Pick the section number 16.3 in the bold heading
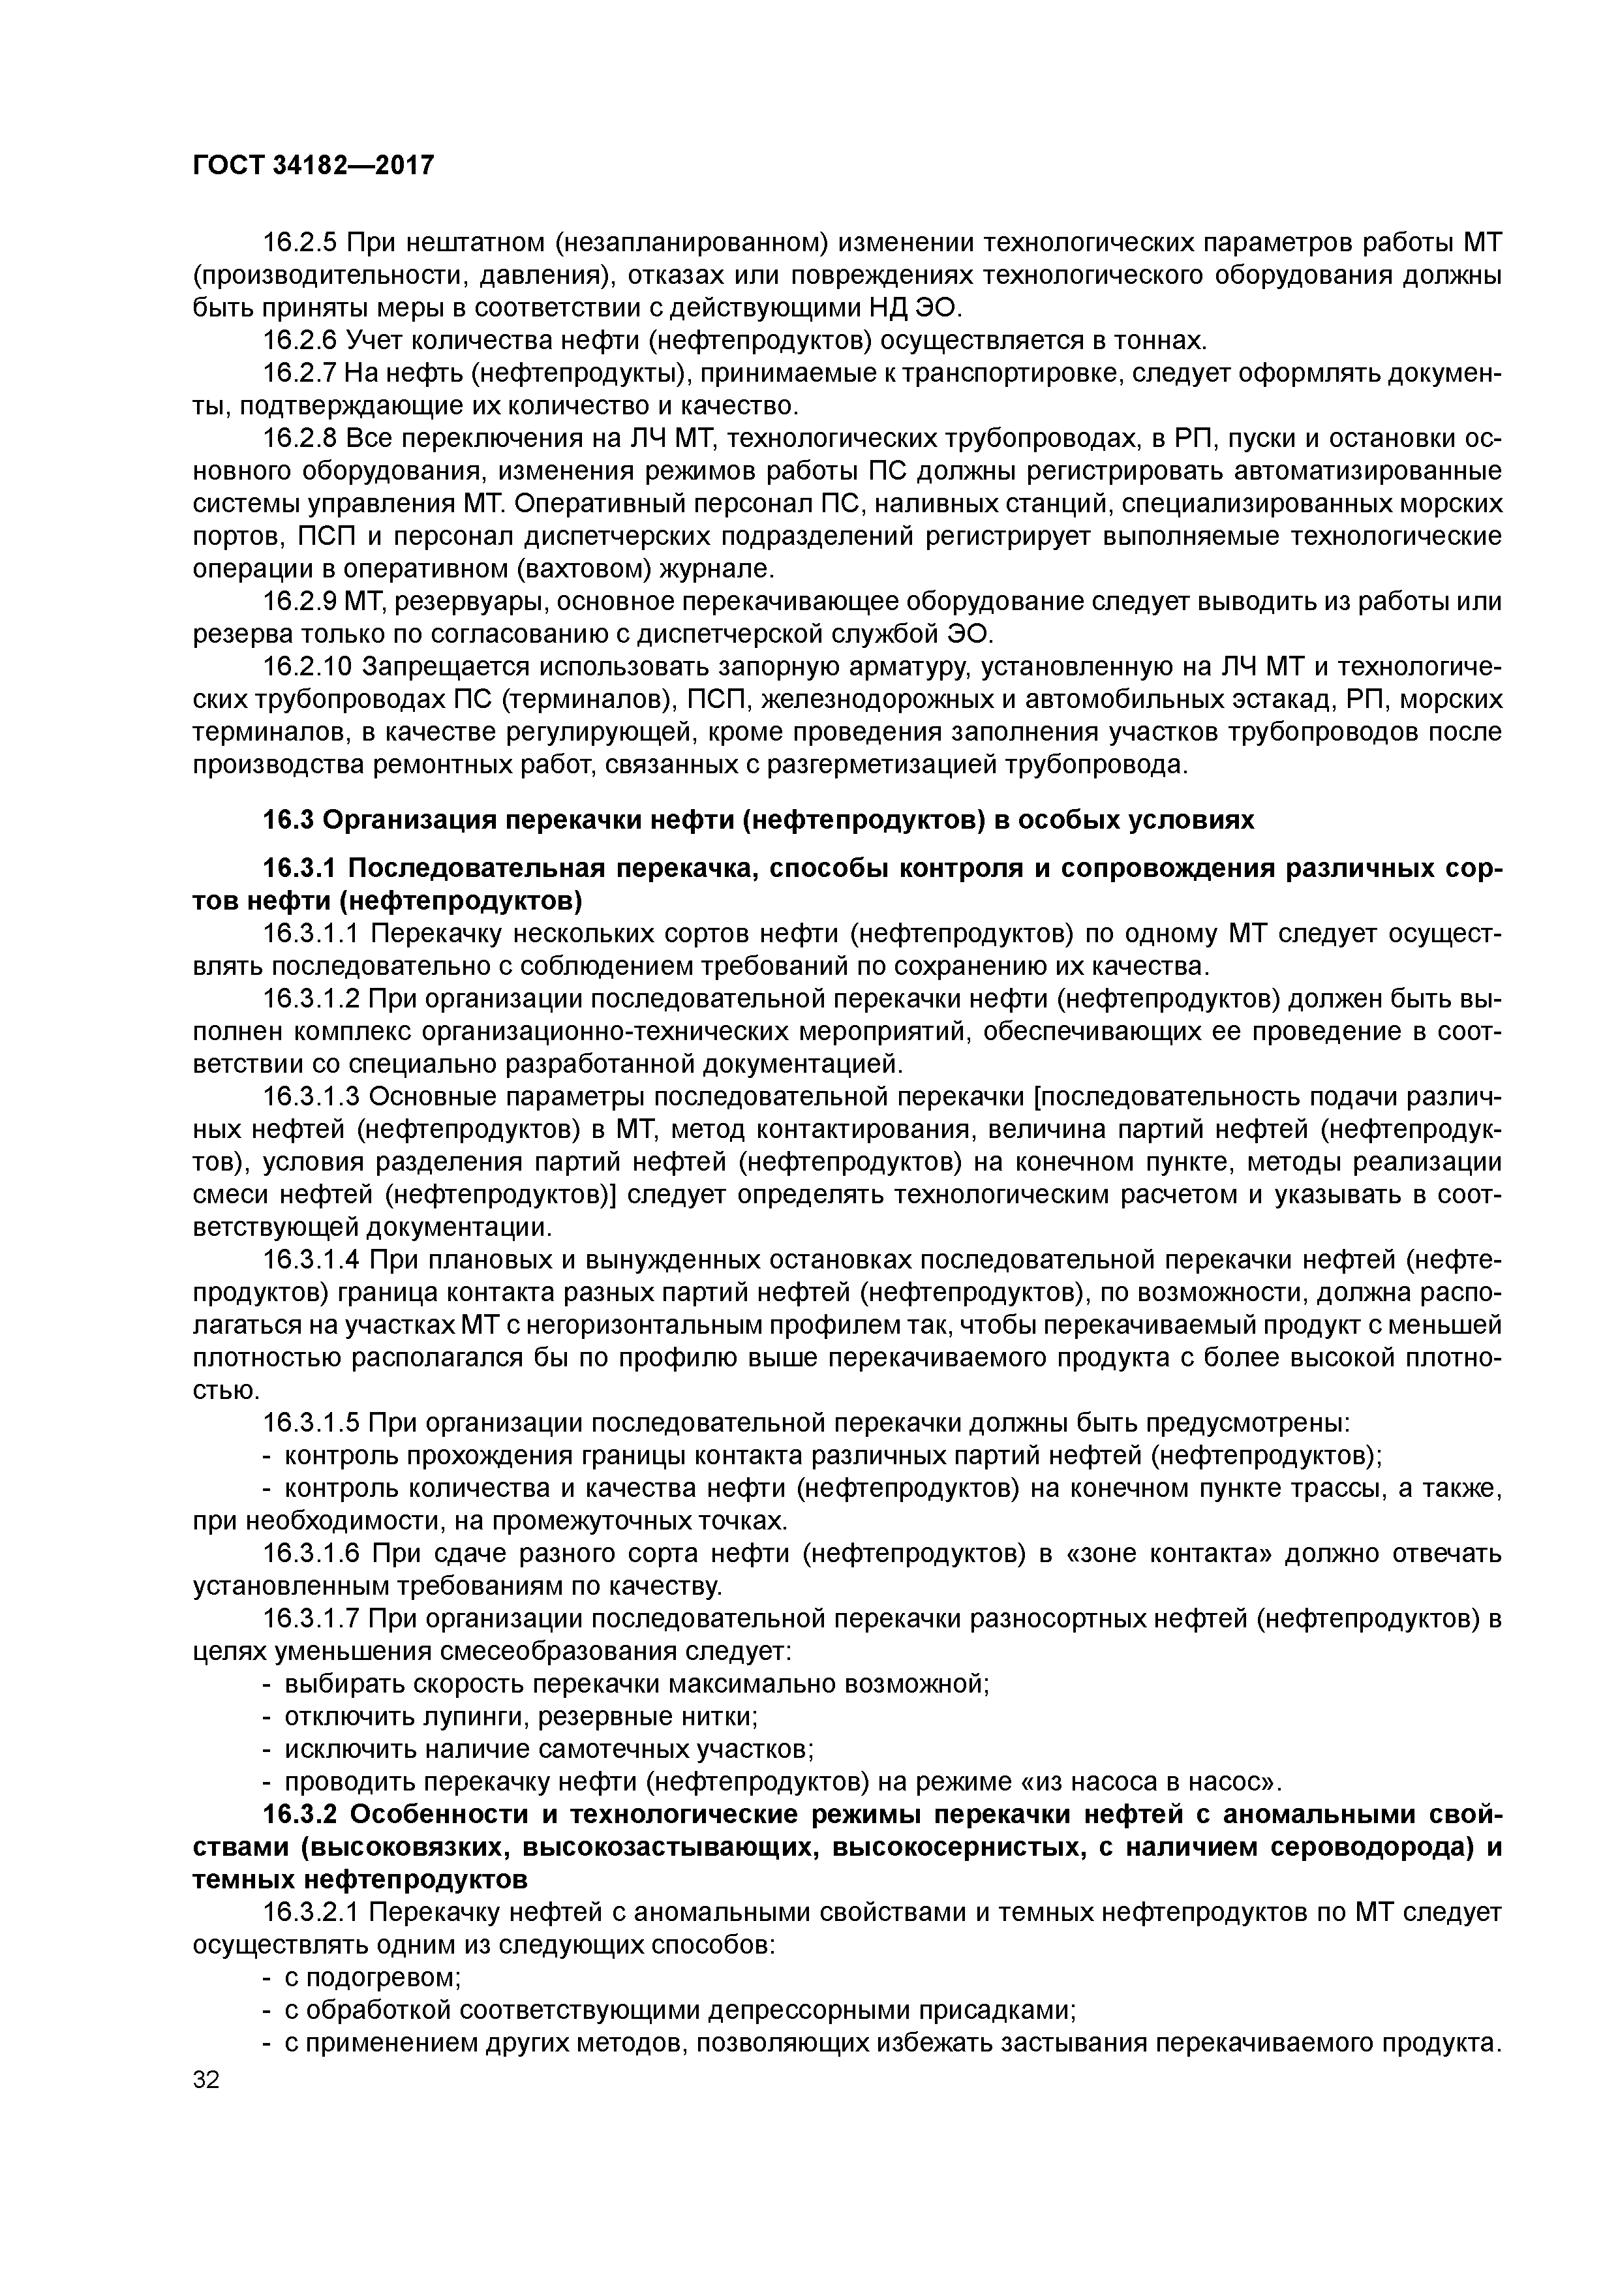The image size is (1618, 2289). (x=288, y=820)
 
